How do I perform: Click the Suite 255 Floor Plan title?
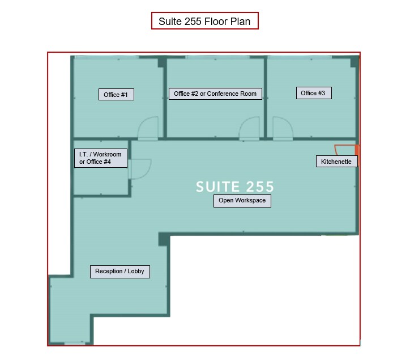click(x=204, y=21)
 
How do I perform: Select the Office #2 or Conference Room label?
click(x=215, y=94)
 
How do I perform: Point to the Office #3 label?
click(x=313, y=93)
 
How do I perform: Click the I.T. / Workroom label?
click(x=100, y=158)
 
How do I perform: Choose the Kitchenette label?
click(x=336, y=162)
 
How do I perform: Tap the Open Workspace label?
click(x=242, y=201)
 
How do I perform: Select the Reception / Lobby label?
click(x=119, y=272)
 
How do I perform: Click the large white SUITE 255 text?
click(x=235, y=187)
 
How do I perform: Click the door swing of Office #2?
click(x=249, y=129)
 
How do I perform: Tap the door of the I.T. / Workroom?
click(x=140, y=168)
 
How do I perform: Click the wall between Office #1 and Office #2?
click(x=164, y=96)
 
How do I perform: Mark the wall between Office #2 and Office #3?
click(x=265, y=96)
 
